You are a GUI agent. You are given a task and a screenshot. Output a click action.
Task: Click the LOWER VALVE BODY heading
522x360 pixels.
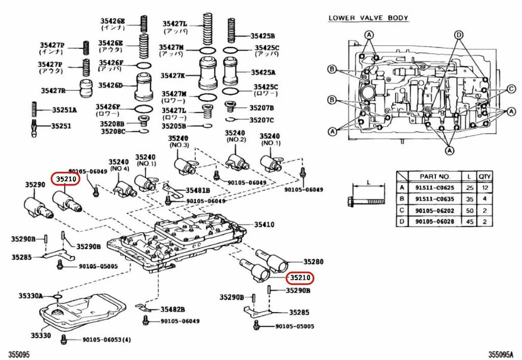[368, 18]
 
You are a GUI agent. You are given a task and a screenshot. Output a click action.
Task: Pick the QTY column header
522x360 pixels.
[484, 176]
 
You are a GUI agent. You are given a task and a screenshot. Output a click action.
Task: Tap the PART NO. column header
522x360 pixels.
[435, 176]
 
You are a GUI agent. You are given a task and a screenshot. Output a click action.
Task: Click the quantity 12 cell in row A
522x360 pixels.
[484, 187]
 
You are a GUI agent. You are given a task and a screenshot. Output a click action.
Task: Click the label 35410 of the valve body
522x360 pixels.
[265, 224]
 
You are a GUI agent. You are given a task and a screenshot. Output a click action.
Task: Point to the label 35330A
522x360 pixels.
[30, 296]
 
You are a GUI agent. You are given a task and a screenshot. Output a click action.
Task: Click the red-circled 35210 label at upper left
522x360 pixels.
[65, 178]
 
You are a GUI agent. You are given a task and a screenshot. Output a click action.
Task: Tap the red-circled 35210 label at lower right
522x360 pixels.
[300, 278]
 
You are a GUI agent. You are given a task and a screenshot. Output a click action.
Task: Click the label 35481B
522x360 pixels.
[197, 190]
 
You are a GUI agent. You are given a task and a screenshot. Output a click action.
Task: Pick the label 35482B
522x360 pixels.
[172, 309]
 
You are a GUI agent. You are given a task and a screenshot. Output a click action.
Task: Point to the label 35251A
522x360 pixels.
[64, 110]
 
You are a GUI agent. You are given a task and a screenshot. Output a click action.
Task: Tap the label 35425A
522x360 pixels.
[263, 71]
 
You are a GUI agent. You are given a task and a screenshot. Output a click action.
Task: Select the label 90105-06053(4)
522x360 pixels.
[107, 340]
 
